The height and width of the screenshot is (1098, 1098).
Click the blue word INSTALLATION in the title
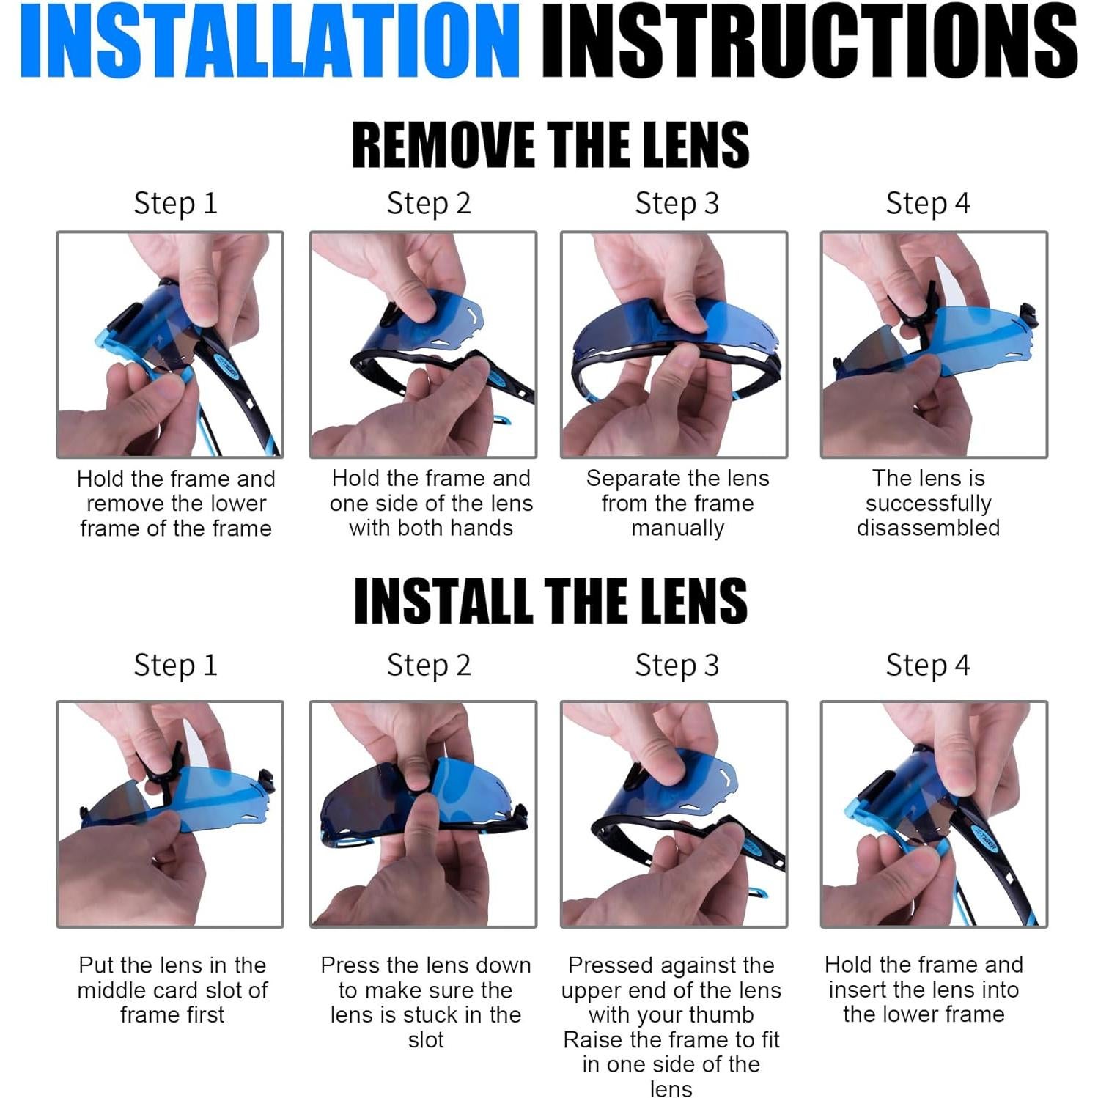click(270, 40)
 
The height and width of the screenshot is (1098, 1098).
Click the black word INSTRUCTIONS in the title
click(809, 40)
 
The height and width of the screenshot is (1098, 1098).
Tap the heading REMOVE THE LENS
click(550, 144)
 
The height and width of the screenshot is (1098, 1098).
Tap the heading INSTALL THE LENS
click(550, 600)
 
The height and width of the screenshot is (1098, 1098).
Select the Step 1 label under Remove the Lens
click(176, 204)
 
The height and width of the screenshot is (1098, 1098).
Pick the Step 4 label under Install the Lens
click(928, 666)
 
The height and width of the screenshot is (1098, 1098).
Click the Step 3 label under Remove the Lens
click(677, 204)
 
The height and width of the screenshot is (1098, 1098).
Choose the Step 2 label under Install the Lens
click(429, 666)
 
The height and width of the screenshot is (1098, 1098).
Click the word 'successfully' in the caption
click(929, 504)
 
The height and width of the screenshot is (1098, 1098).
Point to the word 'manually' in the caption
click(678, 528)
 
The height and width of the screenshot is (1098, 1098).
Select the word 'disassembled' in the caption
click(929, 528)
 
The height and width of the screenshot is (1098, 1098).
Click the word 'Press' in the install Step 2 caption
click(350, 965)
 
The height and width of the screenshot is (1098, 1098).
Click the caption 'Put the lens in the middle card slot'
click(173, 978)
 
